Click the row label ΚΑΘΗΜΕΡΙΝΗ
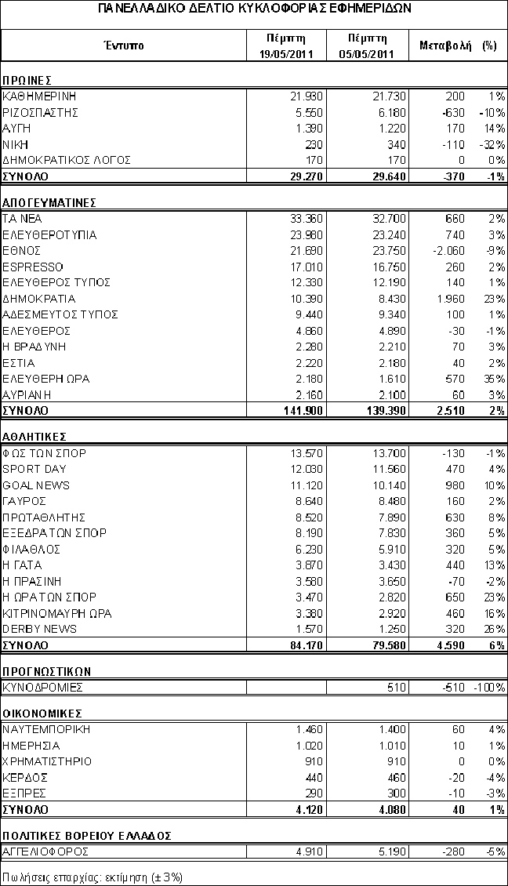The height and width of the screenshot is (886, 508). pos(40,96)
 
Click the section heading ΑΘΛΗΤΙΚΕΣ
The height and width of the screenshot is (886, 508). pos(34,436)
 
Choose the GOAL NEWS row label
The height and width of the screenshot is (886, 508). pos(36,485)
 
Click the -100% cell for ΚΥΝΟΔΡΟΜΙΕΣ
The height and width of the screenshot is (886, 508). pos(489,688)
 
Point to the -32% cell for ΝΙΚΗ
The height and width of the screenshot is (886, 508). pos(492,144)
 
